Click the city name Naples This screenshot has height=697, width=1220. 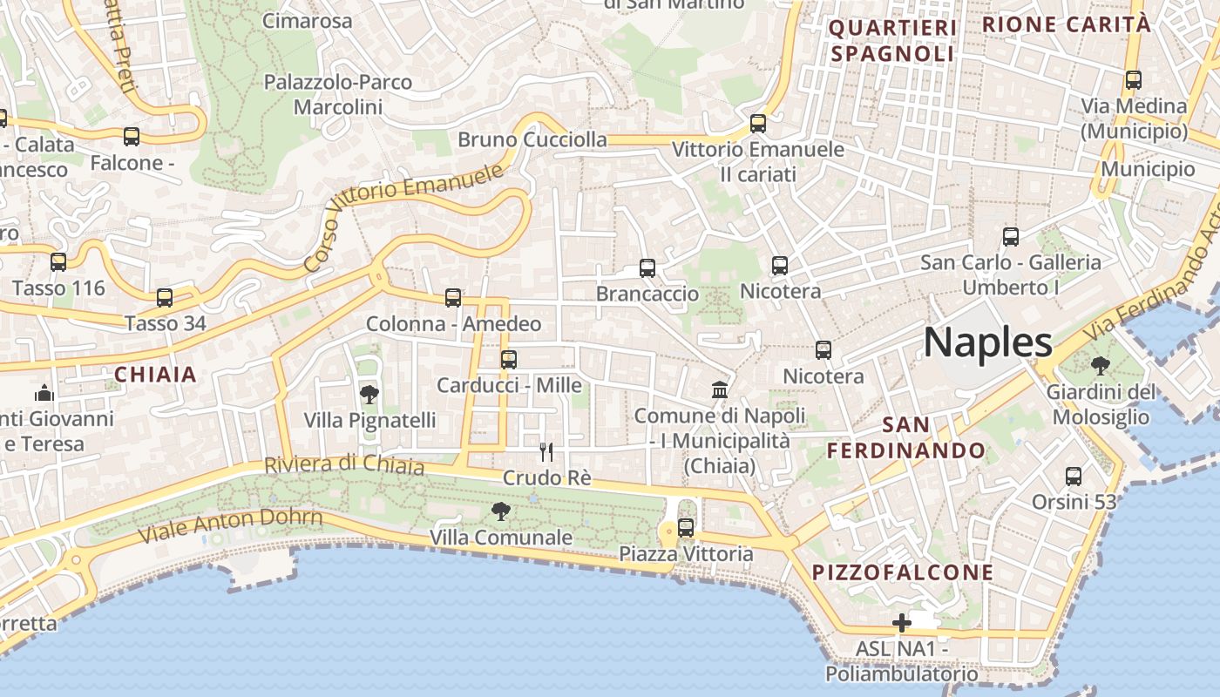coord(987,342)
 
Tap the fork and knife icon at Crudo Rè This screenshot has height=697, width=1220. coord(546,451)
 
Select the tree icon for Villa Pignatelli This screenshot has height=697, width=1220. coord(369,395)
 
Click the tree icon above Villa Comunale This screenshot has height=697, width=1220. coord(501,511)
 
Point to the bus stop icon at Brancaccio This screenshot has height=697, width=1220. coord(647,268)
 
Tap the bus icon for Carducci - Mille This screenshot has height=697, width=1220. coord(509,359)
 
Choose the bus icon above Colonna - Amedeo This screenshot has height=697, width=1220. coord(453,298)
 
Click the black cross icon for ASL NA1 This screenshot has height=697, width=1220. coord(902,623)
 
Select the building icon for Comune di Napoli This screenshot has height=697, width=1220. coord(720,389)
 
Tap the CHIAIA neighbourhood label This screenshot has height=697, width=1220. coord(156,375)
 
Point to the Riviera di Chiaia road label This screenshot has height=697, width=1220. coord(344,465)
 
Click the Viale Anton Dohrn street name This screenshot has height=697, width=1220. coord(230,524)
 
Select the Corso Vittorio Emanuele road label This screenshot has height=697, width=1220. coord(404,215)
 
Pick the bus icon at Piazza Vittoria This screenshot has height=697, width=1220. coord(686,527)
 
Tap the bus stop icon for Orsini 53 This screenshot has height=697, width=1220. coord(1074,477)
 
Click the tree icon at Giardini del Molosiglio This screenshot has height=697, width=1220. coord(1101,366)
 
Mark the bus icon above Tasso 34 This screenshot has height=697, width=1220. coord(165,298)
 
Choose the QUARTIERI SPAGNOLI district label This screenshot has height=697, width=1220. coord(892,41)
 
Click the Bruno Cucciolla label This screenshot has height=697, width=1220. coord(532,139)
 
